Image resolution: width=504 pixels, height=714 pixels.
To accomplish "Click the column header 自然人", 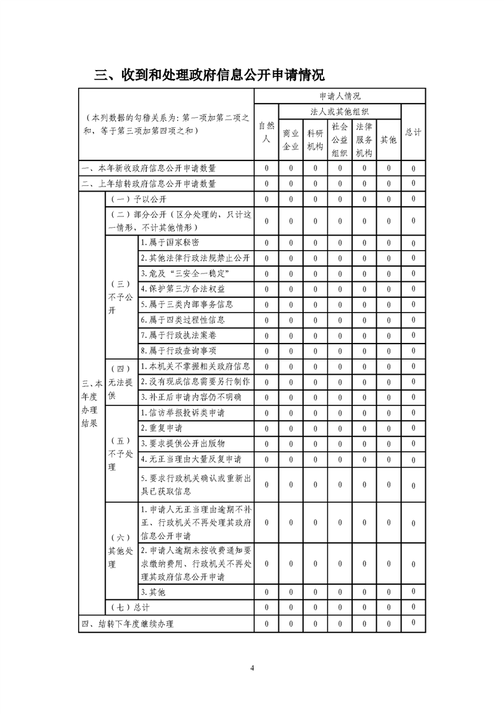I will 267,132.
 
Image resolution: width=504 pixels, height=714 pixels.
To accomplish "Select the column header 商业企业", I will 290,140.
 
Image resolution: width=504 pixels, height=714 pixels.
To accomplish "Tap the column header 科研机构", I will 315,140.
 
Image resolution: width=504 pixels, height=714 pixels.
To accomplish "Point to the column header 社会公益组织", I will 339,140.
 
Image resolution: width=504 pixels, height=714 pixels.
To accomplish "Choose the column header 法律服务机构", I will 364,140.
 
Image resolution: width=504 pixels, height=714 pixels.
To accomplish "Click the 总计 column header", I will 413,132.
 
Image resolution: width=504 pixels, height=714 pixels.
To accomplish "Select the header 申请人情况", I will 339,96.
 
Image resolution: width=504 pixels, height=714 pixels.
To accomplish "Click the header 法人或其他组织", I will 339,111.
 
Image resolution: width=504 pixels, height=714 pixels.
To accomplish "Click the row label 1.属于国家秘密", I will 165,242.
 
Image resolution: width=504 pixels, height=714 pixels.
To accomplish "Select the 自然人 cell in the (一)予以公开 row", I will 267,199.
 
